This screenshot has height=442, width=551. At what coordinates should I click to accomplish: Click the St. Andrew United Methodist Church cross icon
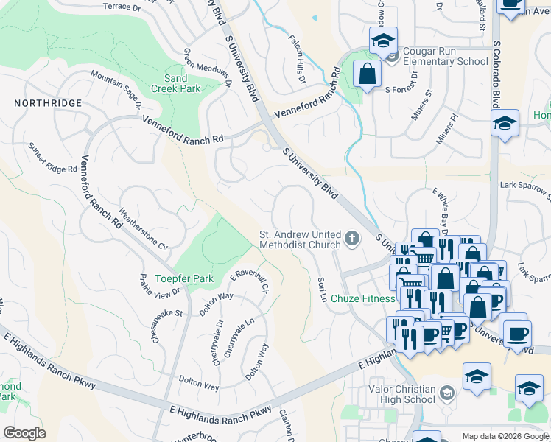(x=352, y=238)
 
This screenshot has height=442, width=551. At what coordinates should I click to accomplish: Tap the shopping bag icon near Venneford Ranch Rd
(x=366, y=74)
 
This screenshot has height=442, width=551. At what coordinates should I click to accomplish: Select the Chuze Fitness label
(x=362, y=298)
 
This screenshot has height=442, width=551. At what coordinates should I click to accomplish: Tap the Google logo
(x=24, y=433)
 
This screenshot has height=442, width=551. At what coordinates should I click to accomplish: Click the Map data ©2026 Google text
(x=505, y=436)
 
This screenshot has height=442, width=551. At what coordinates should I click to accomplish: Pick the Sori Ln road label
(x=321, y=290)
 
